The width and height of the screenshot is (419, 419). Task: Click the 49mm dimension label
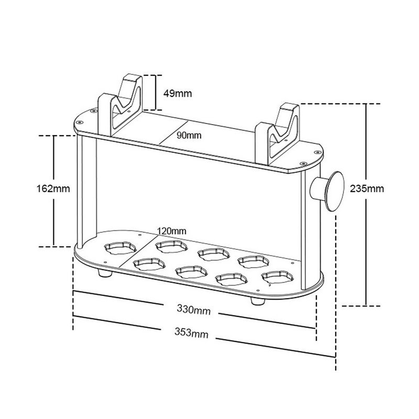click(x=178, y=94)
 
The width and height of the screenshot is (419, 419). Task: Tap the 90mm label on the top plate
click(x=189, y=135)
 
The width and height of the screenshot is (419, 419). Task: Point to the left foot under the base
click(x=103, y=273)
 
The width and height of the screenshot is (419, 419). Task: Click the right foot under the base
click(x=257, y=301)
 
